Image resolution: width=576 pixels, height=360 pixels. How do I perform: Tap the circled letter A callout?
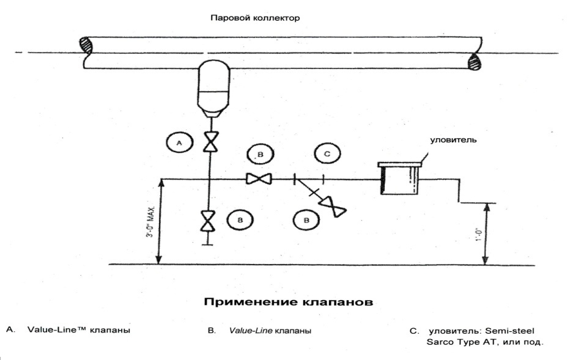coord(179,143)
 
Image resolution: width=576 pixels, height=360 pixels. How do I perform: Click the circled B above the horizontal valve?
coord(260,155)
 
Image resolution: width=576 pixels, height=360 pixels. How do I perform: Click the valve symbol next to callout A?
coord(210,142)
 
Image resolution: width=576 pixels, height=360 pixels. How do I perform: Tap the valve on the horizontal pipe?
coord(259,179)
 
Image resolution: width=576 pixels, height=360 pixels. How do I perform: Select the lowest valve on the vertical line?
coord(210,221)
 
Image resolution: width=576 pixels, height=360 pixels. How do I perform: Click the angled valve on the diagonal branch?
coord(336,208)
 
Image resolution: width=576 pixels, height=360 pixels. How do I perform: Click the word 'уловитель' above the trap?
coord(453,140)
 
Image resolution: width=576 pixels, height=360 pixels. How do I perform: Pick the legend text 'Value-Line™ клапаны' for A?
coord(79,330)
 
